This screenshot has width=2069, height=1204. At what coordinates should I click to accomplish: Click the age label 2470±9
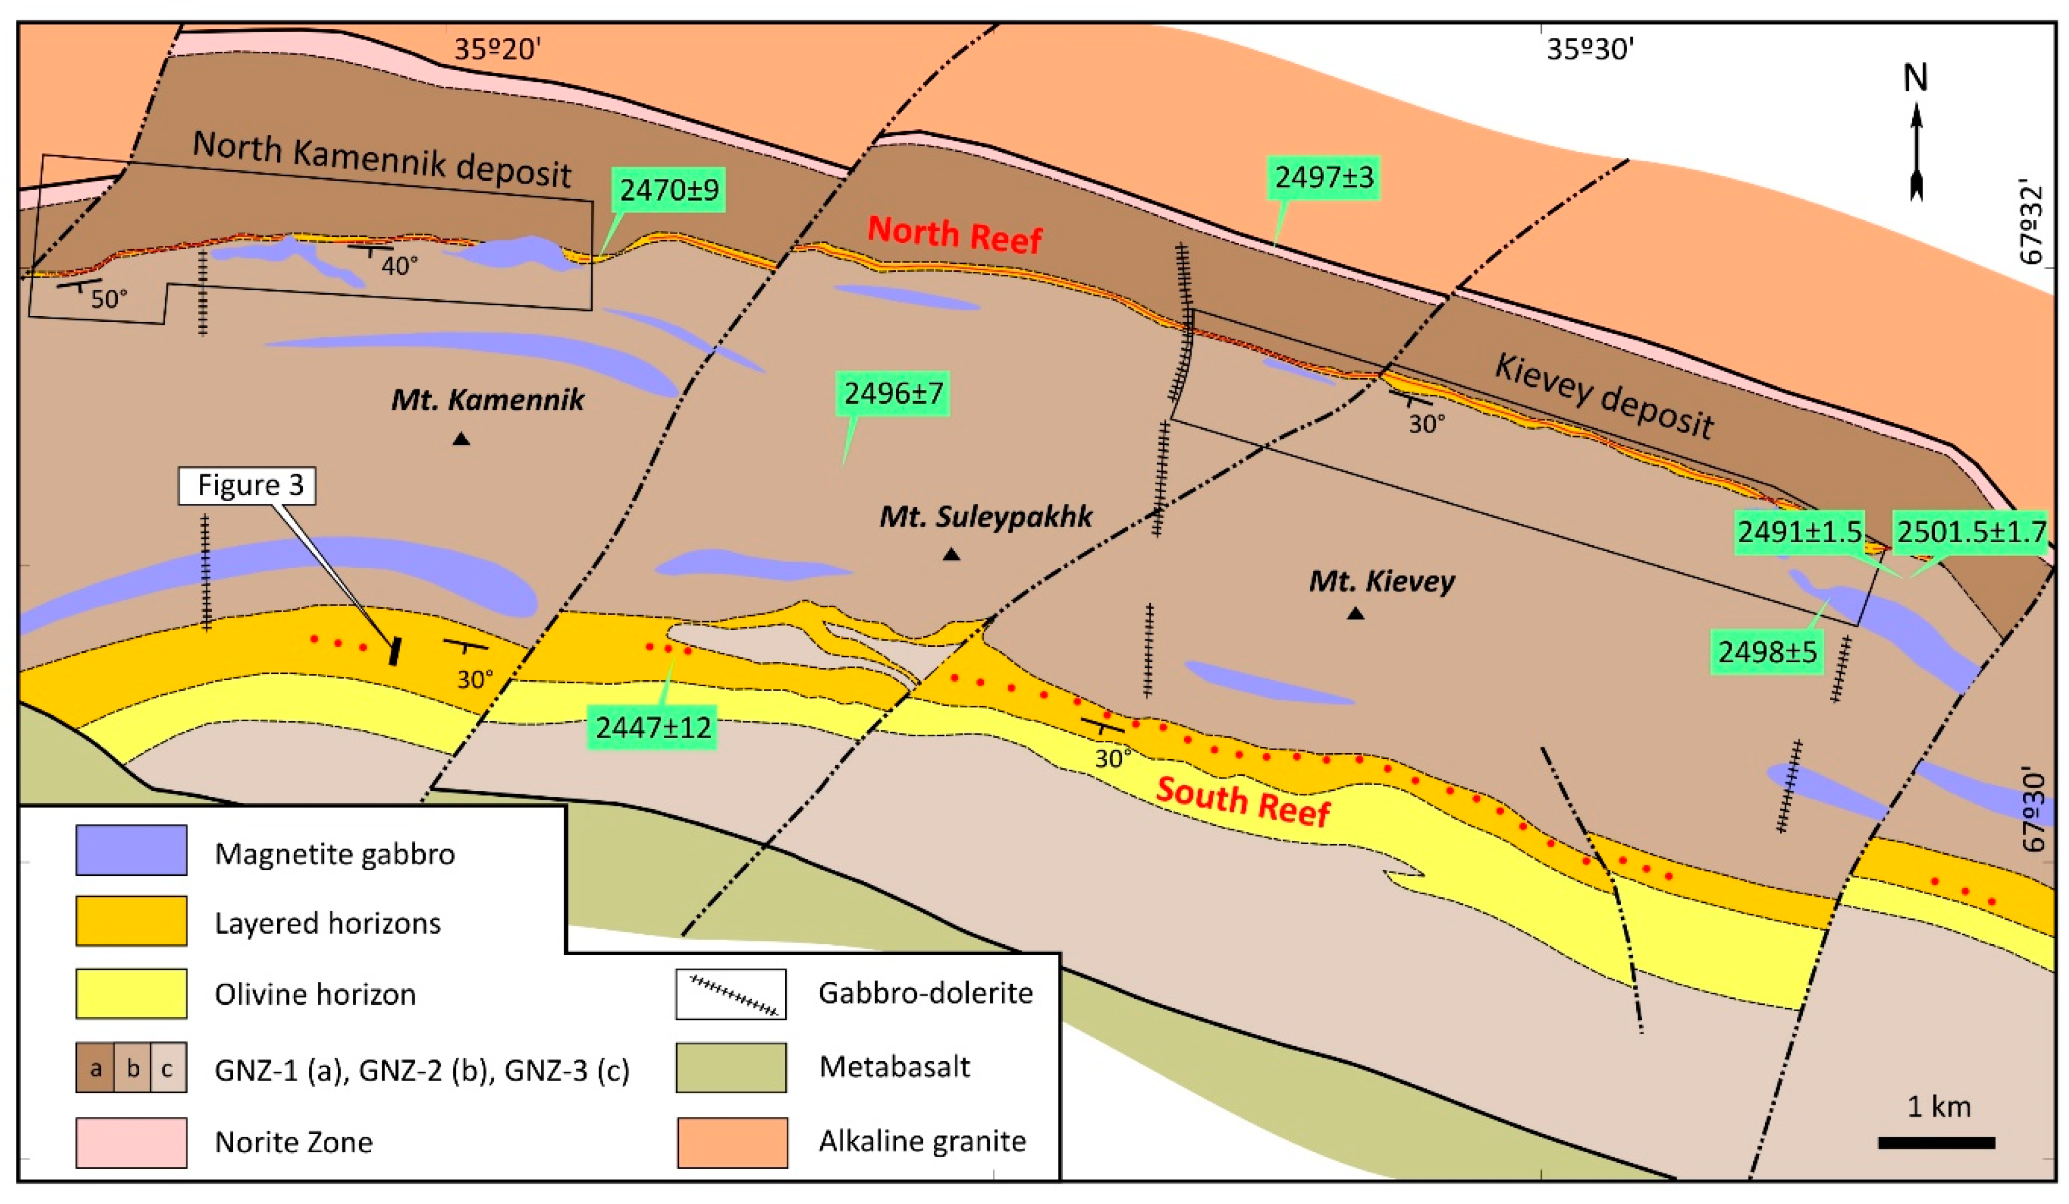click(669, 190)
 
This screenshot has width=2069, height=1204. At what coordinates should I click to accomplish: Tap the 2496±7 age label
click(893, 394)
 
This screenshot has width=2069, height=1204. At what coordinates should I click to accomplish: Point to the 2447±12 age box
click(653, 727)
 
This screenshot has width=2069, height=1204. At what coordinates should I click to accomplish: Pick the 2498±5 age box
click(1767, 652)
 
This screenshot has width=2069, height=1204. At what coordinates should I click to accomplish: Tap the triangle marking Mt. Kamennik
click(461, 440)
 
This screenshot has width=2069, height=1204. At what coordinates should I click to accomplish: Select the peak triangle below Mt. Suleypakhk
click(951, 556)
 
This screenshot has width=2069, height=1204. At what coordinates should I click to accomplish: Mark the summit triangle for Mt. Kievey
click(1356, 613)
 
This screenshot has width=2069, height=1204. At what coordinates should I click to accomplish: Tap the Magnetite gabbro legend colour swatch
click(131, 850)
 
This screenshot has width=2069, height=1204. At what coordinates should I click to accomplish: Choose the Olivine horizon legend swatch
click(131, 993)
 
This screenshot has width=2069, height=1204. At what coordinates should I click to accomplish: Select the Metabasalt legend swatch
click(731, 1067)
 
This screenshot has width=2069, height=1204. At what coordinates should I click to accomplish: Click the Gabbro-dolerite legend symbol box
click(731, 994)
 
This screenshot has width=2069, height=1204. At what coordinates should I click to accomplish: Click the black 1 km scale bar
click(1937, 1142)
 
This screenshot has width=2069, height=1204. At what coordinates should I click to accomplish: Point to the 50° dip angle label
click(109, 299)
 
